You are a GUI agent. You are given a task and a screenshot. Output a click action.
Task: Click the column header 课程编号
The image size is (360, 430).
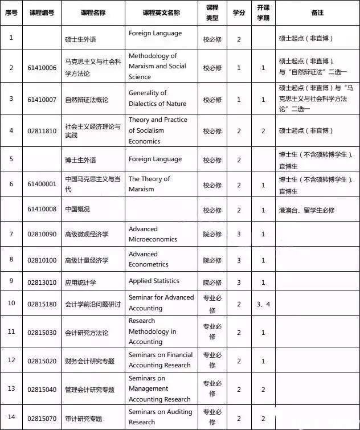point(43,13)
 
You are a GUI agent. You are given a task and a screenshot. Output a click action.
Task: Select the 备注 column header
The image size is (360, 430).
point(318,13)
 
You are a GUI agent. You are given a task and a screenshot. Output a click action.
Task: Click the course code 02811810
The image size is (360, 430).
point(43,130)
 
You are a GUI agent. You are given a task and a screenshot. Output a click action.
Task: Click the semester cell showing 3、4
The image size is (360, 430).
point(263,304)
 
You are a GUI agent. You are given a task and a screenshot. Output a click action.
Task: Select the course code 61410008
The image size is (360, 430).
point(43,210)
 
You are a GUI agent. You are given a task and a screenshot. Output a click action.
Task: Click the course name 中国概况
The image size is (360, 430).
point(77,210)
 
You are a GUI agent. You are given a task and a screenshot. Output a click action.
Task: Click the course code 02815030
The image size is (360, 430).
point(43,332)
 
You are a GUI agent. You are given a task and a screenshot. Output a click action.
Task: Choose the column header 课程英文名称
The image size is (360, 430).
point(161,13)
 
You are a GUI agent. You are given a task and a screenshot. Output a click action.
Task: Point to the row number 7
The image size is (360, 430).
point(11,234)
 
